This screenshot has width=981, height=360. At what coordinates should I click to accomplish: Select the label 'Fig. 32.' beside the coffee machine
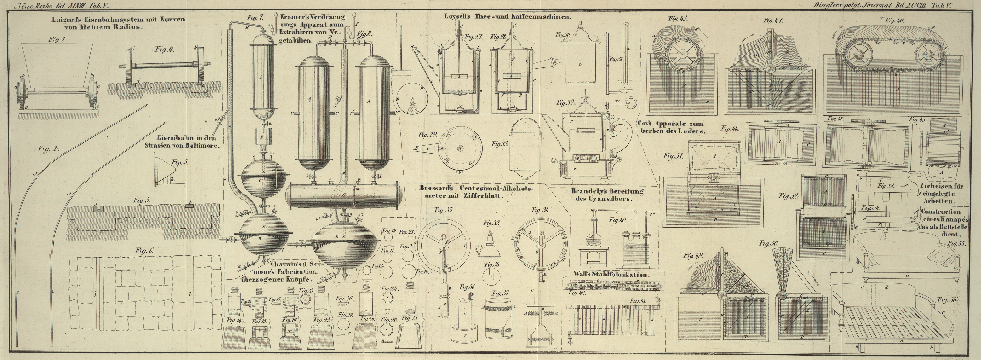pyautogui.click(x=565, y=103)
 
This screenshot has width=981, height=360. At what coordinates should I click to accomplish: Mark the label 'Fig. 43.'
pyautogui.click(x=678, y=18)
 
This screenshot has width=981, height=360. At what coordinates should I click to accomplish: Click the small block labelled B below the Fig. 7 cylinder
pyautogui.click(x=262, y=136)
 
